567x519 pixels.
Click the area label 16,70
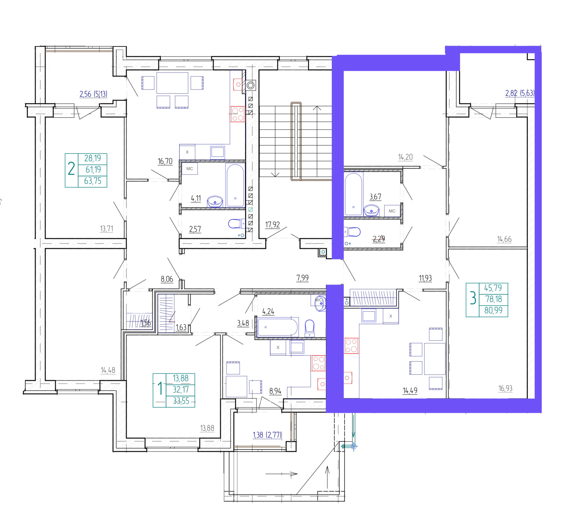[165, 161]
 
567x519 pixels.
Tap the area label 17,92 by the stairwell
[273, 225]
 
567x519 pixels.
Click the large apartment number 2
[71, 169]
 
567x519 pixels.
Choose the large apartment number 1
[160, 389]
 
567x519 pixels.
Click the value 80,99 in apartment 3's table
[493, 310]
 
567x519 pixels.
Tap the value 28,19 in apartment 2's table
[92, 158]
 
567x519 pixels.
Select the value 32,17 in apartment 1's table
[181, 390]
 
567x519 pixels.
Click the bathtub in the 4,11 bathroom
[235, 185]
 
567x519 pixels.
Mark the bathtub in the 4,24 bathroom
[278, 327]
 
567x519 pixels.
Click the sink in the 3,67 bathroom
[371, 210]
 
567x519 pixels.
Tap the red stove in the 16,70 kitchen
[237, 114]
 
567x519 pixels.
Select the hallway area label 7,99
[302, 278]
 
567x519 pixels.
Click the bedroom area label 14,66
[504, 239]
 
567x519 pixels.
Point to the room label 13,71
[107, 229]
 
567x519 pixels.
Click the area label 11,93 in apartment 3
[425, 278]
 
